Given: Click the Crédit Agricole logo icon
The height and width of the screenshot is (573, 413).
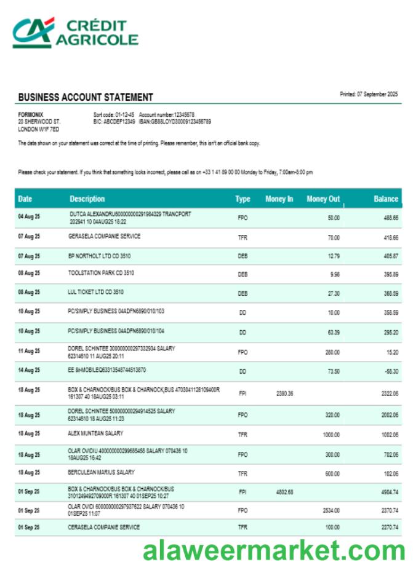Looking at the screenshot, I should (33, 32).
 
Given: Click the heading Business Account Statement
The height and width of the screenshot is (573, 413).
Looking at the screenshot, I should (86, 97).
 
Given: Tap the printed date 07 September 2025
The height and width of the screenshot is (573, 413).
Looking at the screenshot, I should (369, 94).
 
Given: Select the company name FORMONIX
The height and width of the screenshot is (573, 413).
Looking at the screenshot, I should (30, 114).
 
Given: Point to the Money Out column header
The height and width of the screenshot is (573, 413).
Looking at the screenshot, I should (323, 199).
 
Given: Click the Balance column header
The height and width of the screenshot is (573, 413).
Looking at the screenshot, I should (386, 199).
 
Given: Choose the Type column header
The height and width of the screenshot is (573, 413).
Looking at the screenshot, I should (243, 199).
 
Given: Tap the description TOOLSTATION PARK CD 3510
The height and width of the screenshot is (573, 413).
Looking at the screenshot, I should (101, 272).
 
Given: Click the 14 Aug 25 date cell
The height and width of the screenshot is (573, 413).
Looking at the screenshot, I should (29, 370).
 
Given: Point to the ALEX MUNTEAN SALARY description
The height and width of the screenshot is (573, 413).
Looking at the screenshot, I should (95, 433).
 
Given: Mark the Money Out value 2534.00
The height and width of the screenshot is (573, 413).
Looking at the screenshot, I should (331, 510).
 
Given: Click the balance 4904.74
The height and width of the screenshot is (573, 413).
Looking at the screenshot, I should (387, 492).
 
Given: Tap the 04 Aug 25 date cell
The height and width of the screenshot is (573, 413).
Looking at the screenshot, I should (29, 217).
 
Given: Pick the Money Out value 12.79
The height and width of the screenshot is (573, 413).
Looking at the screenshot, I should (333, 255).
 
